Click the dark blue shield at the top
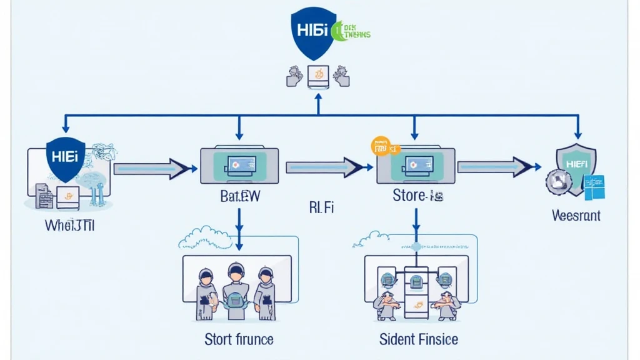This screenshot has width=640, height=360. pyautogui.click(x=310, y=31)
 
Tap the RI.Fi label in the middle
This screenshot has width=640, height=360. pyautogui.click(x=321, y=207)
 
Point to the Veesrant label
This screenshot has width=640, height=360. pyautogui.click(x=576, y=216)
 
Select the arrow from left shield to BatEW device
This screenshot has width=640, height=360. pyautogui.click(x=154, y=167)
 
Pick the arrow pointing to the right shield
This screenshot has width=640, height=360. pyautogui.click(x=499, y=167)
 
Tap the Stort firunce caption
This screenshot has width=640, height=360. pyautogui.click(x=239, y=339)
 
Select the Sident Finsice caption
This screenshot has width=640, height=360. pyautogui.click(x=418, y=339)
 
